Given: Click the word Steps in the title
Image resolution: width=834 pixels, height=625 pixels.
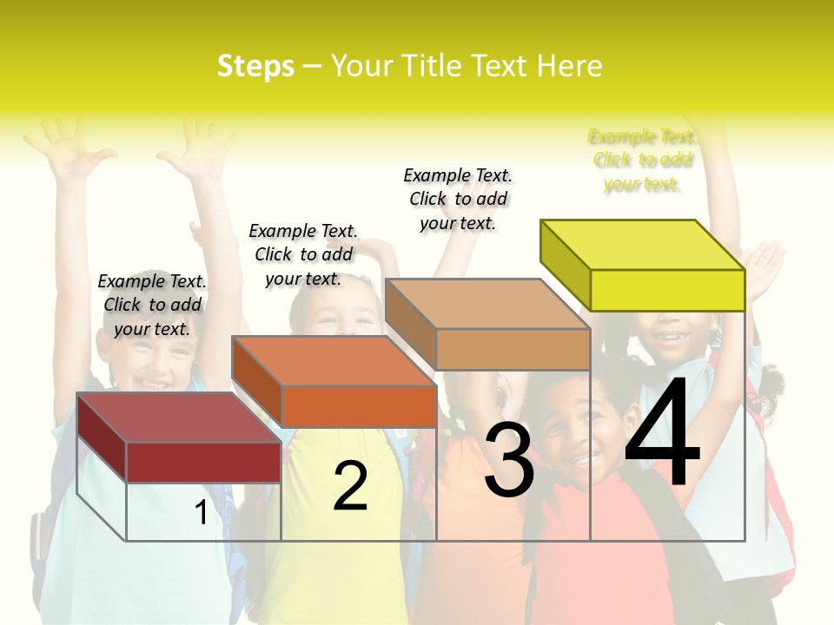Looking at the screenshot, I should (255, 66).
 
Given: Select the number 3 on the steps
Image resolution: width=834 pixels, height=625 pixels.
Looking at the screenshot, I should (509, 460).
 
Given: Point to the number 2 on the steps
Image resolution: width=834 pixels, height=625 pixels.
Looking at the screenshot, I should (350, 486).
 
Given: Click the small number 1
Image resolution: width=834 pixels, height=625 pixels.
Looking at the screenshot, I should (201, 513).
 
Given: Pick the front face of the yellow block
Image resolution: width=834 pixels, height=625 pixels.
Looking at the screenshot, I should (667, 290).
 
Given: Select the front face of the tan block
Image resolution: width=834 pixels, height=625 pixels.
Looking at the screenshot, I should (513, 349).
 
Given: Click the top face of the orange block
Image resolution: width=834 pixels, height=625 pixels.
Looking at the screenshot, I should (334, 360).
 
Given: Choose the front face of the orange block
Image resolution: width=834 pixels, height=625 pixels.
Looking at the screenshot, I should (358, 406).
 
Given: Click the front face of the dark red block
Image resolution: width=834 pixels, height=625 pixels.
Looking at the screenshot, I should (203, 462).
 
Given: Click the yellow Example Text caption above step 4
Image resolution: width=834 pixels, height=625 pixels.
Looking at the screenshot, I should (642, 161).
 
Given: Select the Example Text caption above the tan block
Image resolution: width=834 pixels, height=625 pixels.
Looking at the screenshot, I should (458, 199).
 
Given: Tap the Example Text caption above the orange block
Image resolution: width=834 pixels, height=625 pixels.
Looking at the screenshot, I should (303, 254).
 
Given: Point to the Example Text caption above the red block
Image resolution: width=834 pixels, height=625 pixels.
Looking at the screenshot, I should (152, 305).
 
